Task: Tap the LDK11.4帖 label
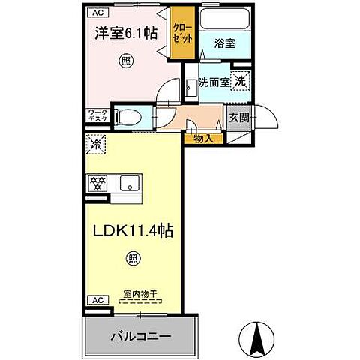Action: click(x=133, y=232)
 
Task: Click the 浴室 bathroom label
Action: click(x=225, y=44)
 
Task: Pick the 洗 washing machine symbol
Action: click(x=239, y=81)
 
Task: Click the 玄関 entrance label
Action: click(x=238, y=118)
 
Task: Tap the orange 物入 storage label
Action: click(x=203, y=138)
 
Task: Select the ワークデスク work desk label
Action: click(x=97, y=116)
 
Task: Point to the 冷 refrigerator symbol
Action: click(x=96, y=142)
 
